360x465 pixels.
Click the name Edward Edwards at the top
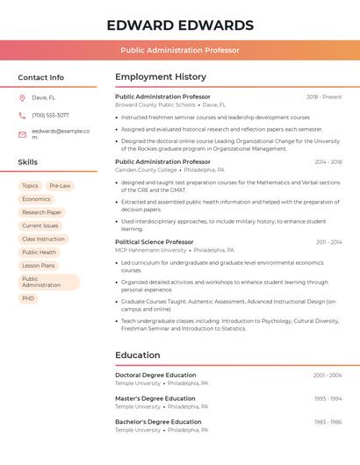tap(180, 25)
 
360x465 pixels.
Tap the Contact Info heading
tap(40, 77)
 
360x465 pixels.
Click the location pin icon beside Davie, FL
tap(22, 98)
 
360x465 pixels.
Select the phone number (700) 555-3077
tap(50, 115)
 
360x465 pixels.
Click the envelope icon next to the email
tap(22, 134)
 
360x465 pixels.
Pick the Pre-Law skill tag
tap(60, 186)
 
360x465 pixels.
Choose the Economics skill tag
tap(36, 199)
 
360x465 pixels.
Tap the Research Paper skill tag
tap(41, 212)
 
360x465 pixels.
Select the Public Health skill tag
tap(39, 252)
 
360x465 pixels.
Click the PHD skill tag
tap(28, 298)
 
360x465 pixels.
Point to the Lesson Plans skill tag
tap(38, 265)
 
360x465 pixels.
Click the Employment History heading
tap(161, 77)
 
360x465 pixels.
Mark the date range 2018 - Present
tap(324, 97)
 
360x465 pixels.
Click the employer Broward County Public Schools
tap(155, 104)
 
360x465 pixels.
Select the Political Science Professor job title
tap(154, 242)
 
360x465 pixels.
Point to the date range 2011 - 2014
tap(329, 242)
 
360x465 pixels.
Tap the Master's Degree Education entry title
tap(155, 398)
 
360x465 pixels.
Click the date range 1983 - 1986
tap(328, 422)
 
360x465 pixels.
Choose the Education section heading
tap(137, 355)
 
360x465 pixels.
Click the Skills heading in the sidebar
tap(28, 162)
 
